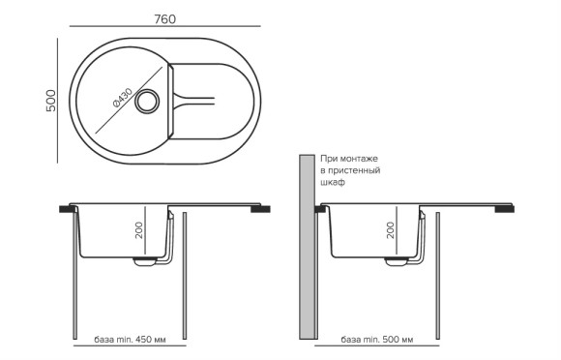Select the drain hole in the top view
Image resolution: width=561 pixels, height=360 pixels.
click(x=149, y=100)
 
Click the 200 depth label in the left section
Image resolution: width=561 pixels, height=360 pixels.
click(x=140, y=231)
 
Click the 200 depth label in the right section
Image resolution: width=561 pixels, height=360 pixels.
click(x=390, y=230)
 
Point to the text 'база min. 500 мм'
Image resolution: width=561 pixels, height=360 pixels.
click(x=377, y=341)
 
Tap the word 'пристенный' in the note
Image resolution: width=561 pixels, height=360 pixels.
click(x=354, y=169)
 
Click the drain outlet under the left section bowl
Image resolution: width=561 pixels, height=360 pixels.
click(x=147, y=259)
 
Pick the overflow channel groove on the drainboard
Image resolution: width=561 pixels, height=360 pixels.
click(x=198, y=99)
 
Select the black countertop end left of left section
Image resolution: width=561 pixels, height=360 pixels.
click(x=67, y=208)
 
